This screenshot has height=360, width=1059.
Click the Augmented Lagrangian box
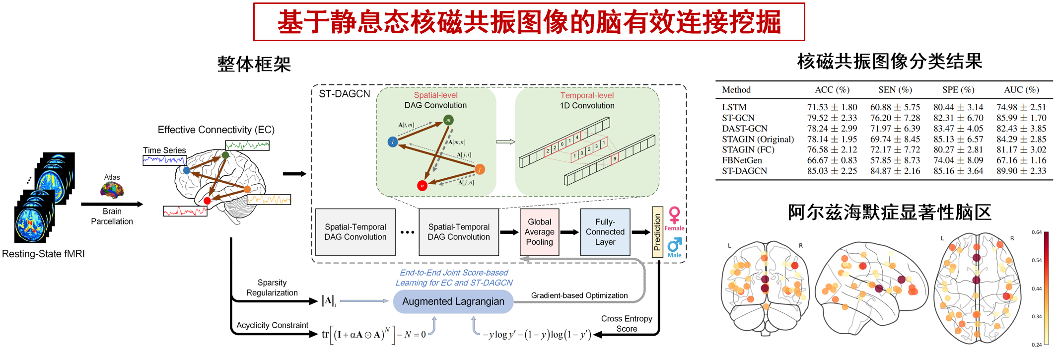(x=453, y=301)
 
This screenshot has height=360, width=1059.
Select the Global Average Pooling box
(x=539, y=232)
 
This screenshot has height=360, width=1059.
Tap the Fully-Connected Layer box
(x=605, y=232)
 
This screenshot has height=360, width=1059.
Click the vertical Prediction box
(x=657, y=232)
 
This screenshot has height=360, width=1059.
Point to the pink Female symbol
(x=674, y=216)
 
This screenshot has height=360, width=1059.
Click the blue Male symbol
(x=674, y=244)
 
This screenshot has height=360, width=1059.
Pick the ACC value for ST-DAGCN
(x=832, y=171)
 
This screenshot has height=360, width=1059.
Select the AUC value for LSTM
(x=1021, y=107)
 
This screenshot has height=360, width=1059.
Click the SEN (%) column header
(x=895, y=90)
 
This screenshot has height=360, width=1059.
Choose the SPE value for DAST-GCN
(x=958, y=129)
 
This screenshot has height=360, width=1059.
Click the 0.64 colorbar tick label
(x=1037, y=232)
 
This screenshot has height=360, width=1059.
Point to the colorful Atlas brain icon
(x=112, y=190)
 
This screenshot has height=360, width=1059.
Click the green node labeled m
(x=448, y=120)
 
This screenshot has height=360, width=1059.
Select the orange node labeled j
(x=480, y=169)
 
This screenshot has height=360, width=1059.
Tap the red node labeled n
(x=422, y=186)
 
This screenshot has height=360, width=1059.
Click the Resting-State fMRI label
(x=43, y=254)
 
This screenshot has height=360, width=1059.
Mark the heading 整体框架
(x=254, y=64)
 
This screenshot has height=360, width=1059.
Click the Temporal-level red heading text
(x=587, y=95)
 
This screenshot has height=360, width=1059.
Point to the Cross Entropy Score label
(x=627, y=324)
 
